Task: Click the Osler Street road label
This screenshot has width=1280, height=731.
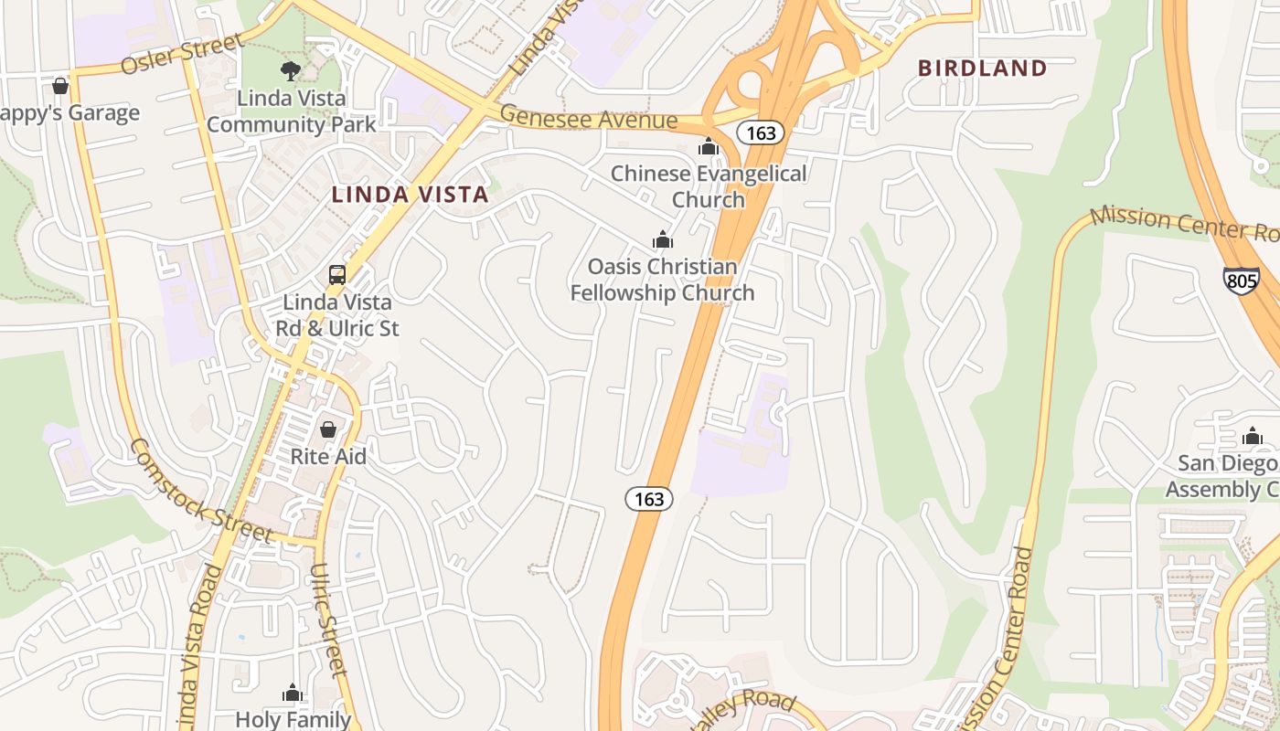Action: tap(184, 55)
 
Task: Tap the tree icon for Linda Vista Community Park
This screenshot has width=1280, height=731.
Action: tap(291, 70)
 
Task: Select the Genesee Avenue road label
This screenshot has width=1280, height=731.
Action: tap(589, 119)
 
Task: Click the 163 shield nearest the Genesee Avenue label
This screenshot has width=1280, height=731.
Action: tap(761, 133)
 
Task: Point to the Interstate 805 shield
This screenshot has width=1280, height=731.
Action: tap(1242, 281)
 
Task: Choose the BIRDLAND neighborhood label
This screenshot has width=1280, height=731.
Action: tap(982, 68)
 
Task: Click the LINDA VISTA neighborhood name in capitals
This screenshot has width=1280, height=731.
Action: tap(410, 195)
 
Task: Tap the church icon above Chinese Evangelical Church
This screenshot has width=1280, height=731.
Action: tap(709, 146)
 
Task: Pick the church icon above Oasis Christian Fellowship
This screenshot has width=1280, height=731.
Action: tap(663, 240)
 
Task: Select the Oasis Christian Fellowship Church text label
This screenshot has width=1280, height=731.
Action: tap(663, 280)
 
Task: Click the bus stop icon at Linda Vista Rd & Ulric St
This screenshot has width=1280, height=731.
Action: tap(337, 274)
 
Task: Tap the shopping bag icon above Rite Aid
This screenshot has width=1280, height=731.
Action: tap(328, 429)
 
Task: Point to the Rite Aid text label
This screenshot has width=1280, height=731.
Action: tap(328, 456)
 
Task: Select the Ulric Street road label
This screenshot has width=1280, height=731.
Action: tap(327, 619)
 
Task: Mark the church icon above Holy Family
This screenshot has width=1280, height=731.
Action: tap(293, 694)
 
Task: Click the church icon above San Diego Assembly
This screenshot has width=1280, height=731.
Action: tap(1253, 437)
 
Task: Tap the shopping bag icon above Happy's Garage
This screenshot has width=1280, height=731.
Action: tap(60, 86)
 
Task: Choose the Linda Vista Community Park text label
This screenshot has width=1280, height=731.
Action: tap(291, 111)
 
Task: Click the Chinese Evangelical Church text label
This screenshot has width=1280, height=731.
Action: tap(709, 186)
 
